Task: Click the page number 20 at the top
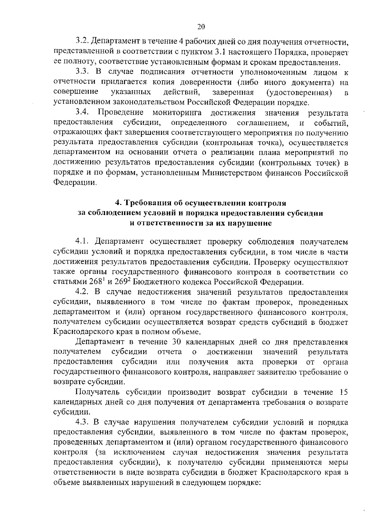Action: (201, 27)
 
